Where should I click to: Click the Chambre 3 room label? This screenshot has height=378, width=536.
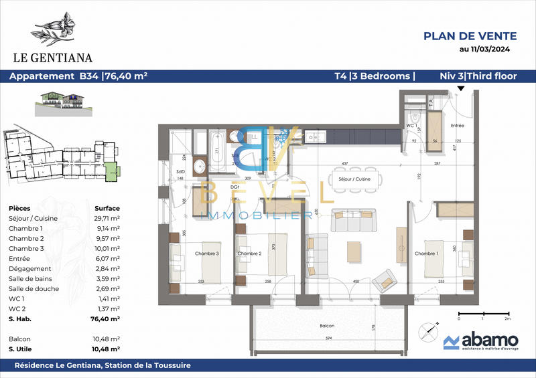click(207, 254)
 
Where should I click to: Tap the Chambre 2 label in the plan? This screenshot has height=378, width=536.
click(249, 254)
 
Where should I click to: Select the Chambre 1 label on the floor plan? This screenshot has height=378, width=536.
click(426, 254)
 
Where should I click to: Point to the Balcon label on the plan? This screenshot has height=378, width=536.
click(328, 326)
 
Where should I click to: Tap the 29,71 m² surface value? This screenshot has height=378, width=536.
click(106, 219)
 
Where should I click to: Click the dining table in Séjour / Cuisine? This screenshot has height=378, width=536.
click(355, 179)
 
